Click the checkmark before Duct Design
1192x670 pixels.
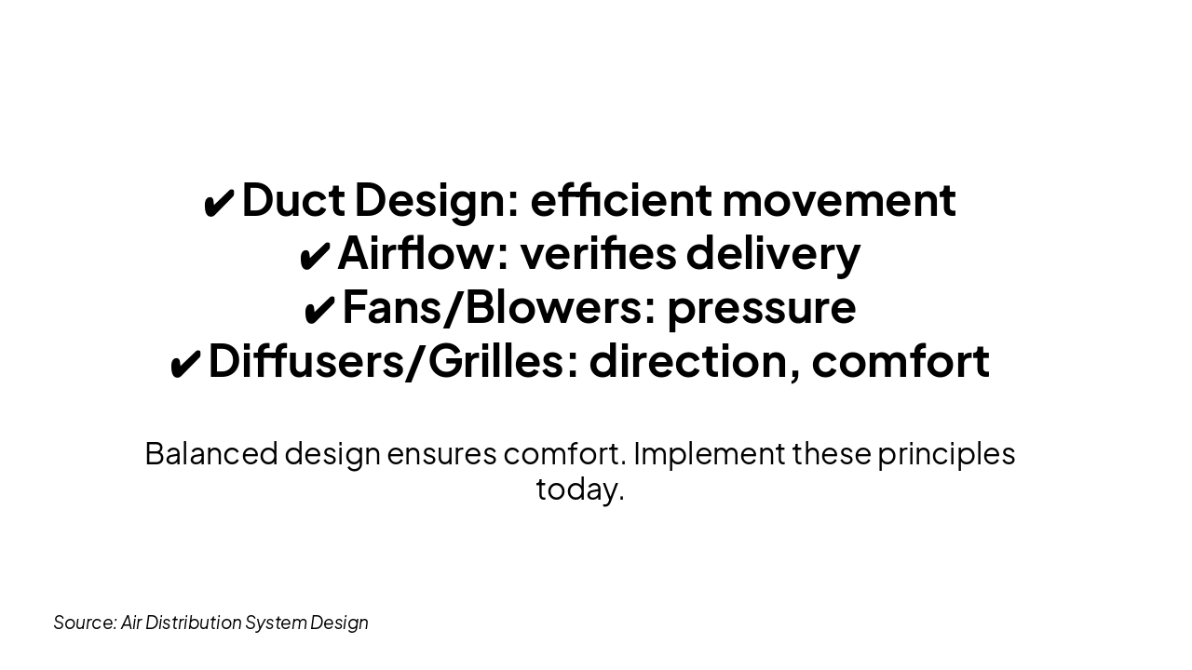click(x=219, y=203)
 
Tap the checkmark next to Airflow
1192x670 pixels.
click(x=314, y=256)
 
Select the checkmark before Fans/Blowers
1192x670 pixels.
click(x=318, y=310)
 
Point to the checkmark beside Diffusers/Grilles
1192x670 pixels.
click(x=184, y=364)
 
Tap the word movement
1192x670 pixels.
click(x=838, y=199)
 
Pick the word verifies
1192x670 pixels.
click(x=597, y=253)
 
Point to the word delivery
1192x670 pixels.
click(x=773, y=253)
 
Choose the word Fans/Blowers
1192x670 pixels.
click(x=493, y=307)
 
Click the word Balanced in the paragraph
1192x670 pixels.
click(x=211, y=453)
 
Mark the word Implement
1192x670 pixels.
click(x=710, y=453)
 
